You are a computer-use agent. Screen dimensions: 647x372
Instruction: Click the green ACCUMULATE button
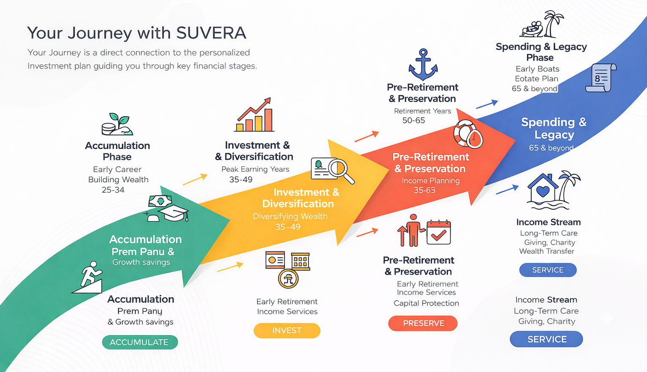click(139, 342)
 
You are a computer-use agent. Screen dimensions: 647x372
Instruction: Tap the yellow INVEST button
click(287, 331)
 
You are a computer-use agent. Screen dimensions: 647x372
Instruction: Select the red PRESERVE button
click(423, 323)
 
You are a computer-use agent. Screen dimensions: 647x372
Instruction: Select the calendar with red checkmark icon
click(439, 232)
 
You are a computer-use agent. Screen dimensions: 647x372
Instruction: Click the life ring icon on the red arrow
click(467, 134)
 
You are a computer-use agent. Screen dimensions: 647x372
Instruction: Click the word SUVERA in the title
click(211, 33)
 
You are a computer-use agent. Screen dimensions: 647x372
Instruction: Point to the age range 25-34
click(113, 190)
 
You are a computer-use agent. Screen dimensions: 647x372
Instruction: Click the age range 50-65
click(413, 121)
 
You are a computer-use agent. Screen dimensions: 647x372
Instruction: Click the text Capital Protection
click(426, 303)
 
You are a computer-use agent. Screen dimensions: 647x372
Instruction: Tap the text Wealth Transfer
click(546, 251)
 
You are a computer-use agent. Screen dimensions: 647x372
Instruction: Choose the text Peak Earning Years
click(255, 169)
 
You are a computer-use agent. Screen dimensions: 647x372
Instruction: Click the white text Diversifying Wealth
click(290, 216)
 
